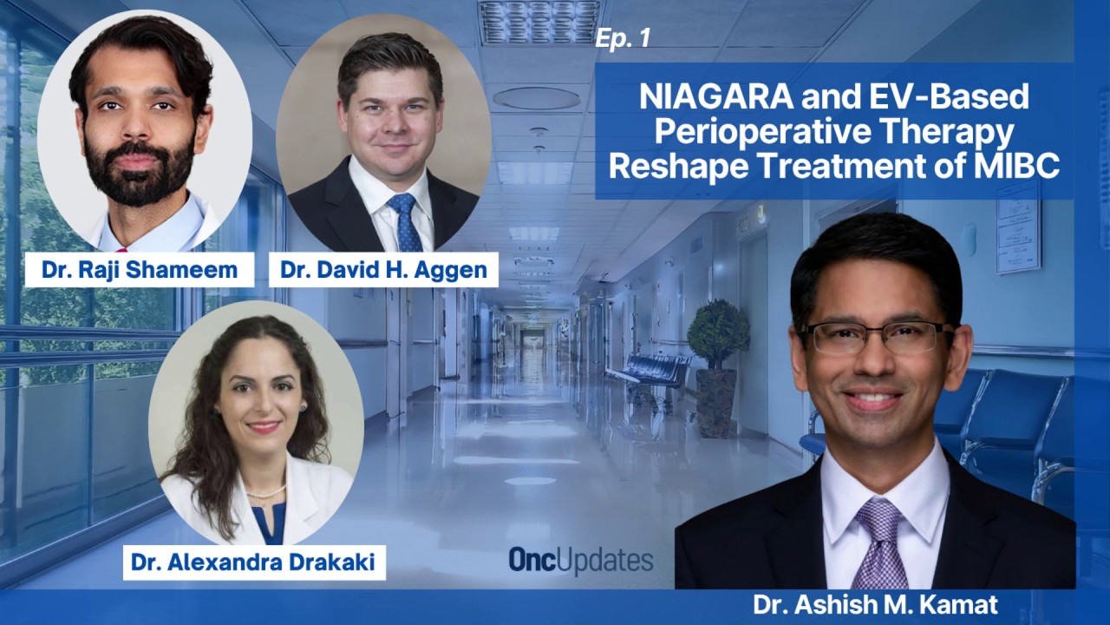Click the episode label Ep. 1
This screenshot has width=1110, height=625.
(623, 39)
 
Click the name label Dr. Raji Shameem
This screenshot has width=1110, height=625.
(140, 270)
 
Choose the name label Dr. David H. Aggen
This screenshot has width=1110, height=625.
(383, 270)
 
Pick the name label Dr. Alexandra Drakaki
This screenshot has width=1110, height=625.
(254, 562)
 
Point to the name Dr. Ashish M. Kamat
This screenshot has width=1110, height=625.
(876, 605)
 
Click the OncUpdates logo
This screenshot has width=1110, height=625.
(581, 561)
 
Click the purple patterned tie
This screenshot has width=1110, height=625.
(881, 543)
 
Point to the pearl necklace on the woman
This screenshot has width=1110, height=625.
(266, 492)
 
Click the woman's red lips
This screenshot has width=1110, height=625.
(263, 426)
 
